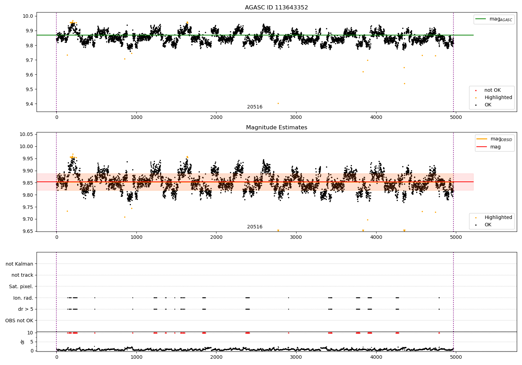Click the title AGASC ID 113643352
click(x=276, y=8)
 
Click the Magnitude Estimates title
click(x=276, y=128)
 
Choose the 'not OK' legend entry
click(x=492, y=90)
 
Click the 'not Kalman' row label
click(x=19, y=264)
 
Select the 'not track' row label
click(x=22, y=275)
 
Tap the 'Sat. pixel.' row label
click(x=21, y=286)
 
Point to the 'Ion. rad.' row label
click(x=23, y=298)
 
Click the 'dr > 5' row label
click(x=25, y=309)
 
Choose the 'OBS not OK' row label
click(x=19, y=321)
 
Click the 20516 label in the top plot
click(x=255, y=107)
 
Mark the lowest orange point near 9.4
click(x=278, y=103)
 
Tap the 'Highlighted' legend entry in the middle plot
click(x=498, y=218)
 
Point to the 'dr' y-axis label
click(x=23, y=342)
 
